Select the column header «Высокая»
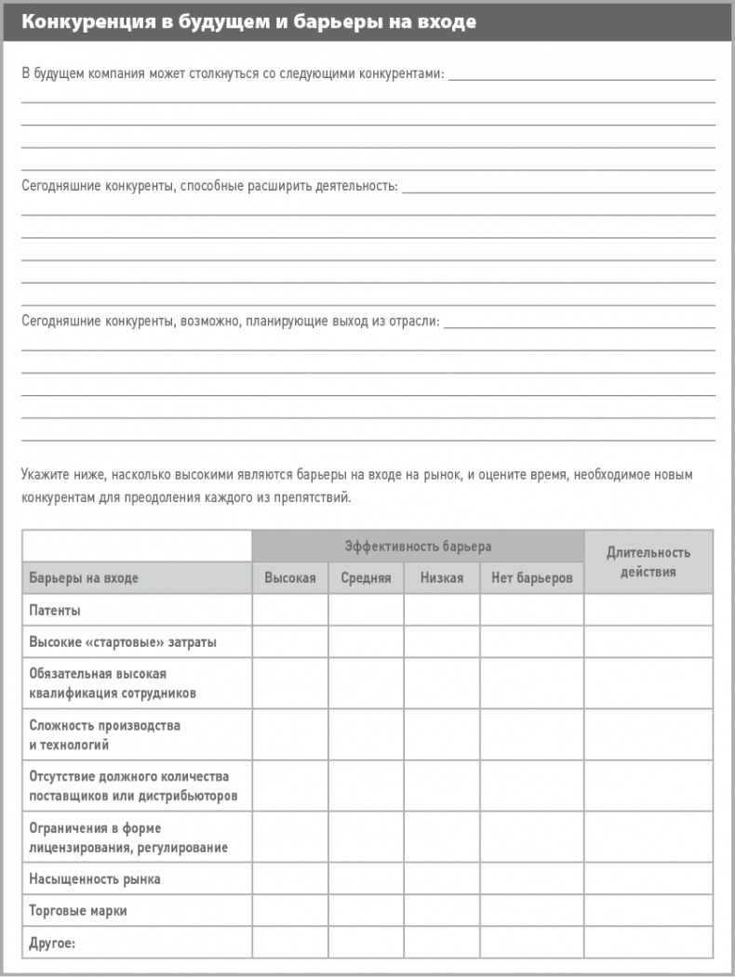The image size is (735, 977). pyautogui.click(x=289, y=578)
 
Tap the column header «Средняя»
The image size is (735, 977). pyautogui.click(x=366, y=578)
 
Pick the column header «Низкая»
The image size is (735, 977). pyautogui.click(x=441, y=578)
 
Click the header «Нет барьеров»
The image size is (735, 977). pyautogui.click(x=531, y=578)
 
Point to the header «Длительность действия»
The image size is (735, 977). pyautogui.click(x=648, y=561)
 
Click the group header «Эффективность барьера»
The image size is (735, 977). pyautogui.click(x=418, y=547)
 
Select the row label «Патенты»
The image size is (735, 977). pyautogui.click(x=55, y=611)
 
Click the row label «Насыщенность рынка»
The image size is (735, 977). pyautogui.click(x=94, y=878)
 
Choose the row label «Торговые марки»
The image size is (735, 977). pyautogui.click(x=77, y=911)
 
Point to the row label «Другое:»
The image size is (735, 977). pyautogui.click(x=52, y=943)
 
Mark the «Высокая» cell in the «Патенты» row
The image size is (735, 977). pyautogui.click(x=289, y=611)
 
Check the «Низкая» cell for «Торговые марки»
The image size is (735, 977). pyautogui.click(x=441, y=911)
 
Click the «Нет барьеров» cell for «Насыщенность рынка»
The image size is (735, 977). pyautogui.click(x=531, y=878)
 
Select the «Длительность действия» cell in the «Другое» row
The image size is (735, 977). pyautogui.click(x=648, y=943)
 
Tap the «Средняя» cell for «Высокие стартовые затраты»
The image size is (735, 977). pyautogui.click(x=366, y=642)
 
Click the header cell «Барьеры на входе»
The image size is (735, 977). pyautogui.click(x=84, y=578)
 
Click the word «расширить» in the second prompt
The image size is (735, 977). pyautogui.click(x=277, y=186)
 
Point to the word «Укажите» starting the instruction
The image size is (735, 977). pyautogui.click(x=45, y=476)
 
